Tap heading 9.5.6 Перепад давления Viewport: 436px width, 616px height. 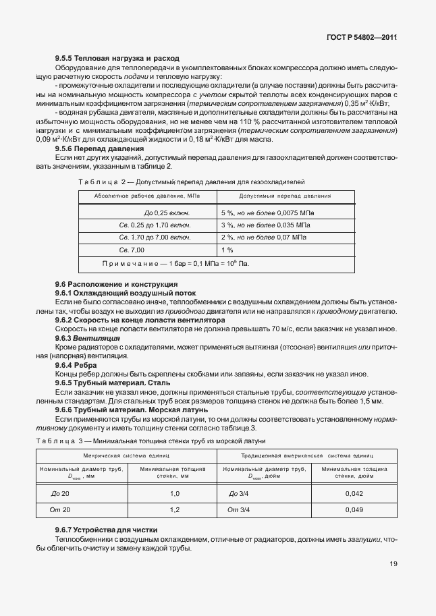99,148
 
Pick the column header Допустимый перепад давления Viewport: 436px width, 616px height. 285,196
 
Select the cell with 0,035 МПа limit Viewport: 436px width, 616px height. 265,225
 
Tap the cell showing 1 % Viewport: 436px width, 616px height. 227,250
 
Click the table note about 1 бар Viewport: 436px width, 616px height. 175,263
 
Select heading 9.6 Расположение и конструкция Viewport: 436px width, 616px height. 108,285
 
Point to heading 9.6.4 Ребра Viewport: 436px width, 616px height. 76,365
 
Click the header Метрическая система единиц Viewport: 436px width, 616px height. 126,457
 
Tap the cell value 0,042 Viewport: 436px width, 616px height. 354,494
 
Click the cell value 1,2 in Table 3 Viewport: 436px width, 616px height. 175,509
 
